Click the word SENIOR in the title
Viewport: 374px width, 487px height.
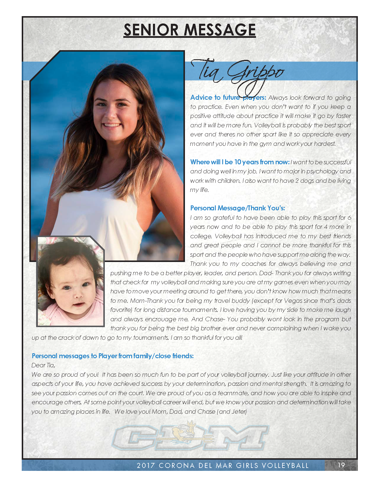(x=151, y=30)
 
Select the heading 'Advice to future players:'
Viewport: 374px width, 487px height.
(x=228, y=97)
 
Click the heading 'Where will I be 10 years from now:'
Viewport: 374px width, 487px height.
(x=240, y=162)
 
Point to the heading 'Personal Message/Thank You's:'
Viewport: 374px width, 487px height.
(x=237, y=208)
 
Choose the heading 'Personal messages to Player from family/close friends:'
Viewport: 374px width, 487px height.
(x=113, y=356)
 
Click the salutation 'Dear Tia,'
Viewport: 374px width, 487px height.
(x=43, y=365)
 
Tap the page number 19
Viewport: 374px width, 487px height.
(x=341, y=465)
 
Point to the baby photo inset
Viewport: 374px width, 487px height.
(x=70, y=282)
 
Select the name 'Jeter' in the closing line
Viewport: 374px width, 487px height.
(x=239, y=412)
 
